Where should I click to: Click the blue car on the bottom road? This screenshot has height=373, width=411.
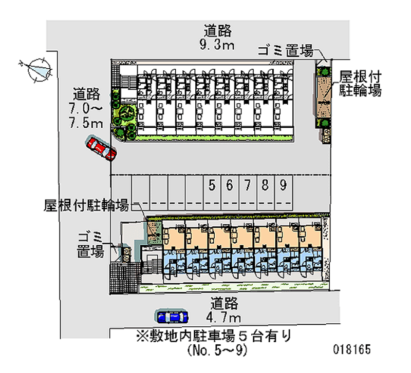[x=172, y=317]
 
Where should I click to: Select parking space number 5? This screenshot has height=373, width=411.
[x=212, y=185]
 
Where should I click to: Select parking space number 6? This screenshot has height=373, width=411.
[x=230, y=185]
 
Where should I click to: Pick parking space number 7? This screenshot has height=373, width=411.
[x=248, y=185]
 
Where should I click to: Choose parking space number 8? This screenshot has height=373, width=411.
[x=265, y=185]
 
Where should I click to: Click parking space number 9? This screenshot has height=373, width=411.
[x=283, y=185]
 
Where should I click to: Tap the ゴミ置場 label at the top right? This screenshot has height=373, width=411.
[x=285, y=50]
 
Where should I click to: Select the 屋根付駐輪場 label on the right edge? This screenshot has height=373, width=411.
[x=360, y=84]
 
